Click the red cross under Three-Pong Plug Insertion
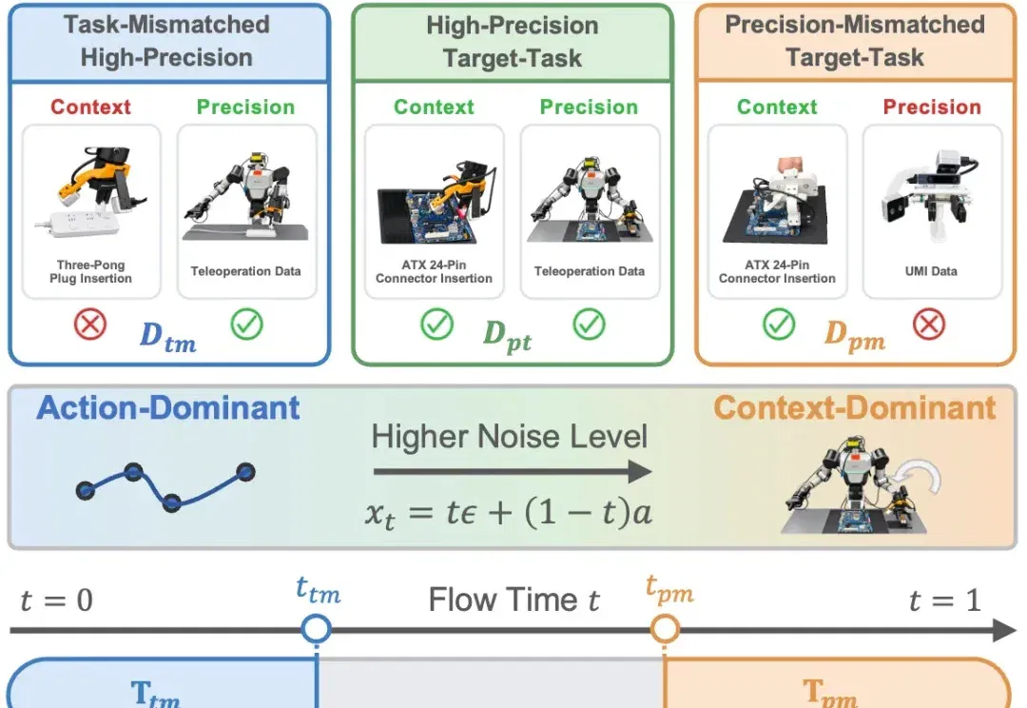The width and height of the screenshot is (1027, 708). pos(90,324)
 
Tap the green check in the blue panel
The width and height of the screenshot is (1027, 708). pos(247,324)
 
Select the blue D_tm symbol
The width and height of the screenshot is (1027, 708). pos(167,337)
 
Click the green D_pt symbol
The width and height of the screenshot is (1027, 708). pos(507,336)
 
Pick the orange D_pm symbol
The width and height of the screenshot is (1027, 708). pos(855,336)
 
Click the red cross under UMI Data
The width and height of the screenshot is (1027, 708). pos(929,324)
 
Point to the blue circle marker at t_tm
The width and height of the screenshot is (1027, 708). pos(317,629)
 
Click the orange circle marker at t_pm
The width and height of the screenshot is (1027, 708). pos(665,629)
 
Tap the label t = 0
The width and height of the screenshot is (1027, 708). pos(56,600)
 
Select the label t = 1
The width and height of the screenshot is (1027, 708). pos(945,600)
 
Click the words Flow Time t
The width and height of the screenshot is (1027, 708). pos(514,600)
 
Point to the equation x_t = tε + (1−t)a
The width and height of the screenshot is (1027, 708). pos(508,513)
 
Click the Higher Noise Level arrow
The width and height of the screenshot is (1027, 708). pos(513,471)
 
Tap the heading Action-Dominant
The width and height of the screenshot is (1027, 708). pos(167,407)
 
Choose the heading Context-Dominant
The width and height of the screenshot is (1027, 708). pos(855,407)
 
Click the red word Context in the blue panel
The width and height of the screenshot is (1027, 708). pos(90,107)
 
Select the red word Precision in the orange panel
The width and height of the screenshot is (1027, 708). pos(932,107)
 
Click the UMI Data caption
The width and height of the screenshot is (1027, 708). pos(931,271)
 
